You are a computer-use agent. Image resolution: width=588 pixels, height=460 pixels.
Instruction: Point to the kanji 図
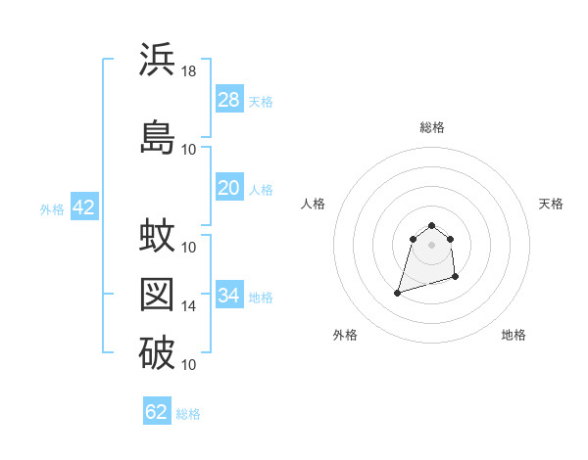[157, 294]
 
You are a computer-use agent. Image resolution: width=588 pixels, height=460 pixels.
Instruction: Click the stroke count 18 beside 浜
[189, 71]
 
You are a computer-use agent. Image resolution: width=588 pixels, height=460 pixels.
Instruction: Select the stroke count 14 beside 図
[189, 306]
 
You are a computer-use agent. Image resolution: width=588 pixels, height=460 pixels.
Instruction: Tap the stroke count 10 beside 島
[189, 149]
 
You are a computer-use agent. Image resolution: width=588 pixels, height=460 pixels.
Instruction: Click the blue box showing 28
[228, 100]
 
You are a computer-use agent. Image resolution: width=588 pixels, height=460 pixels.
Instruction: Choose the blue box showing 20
[228, 189]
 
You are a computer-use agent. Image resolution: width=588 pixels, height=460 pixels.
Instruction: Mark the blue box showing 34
[228, 296]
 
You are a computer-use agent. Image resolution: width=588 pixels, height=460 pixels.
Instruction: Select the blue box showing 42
[82, 207]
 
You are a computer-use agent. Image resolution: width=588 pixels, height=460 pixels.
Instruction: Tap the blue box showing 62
[157, 412]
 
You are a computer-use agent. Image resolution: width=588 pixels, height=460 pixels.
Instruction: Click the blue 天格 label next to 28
[261, 101]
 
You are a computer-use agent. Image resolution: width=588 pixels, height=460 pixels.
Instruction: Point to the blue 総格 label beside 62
[188, 413]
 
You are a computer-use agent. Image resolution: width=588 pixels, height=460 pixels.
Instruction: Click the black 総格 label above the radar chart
[432, 127]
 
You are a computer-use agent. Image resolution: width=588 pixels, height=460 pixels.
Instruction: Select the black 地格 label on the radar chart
[514, 335]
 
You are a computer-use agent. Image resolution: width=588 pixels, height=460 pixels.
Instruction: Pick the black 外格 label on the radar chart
[345, 335]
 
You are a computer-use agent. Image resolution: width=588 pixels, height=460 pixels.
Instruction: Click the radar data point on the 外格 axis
[397, 292]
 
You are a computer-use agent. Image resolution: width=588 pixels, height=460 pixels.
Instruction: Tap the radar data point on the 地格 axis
[457, 279]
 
